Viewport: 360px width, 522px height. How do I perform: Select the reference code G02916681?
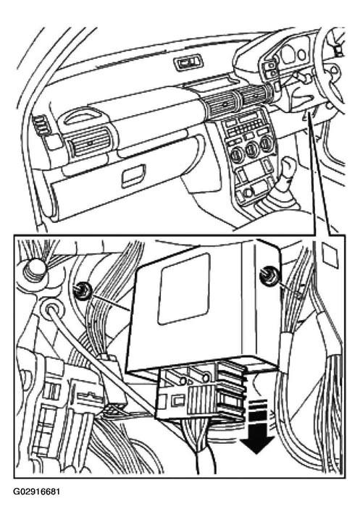tap(37, 492)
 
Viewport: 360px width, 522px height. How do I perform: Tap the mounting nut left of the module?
tap(81, 290)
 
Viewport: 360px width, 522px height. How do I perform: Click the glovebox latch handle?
tap(133, 175)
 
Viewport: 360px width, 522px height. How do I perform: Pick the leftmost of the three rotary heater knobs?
tap(237, 153)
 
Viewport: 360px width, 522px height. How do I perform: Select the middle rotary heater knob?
tap(252, 149)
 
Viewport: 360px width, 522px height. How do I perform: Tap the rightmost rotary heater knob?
tap(267, 145)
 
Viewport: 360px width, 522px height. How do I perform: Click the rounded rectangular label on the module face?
tap(183, 289)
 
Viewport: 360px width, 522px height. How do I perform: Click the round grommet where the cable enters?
tap(49, 309)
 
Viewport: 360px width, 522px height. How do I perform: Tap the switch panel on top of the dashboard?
tap(188, 63)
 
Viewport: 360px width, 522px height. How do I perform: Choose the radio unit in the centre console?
tap(246, 123)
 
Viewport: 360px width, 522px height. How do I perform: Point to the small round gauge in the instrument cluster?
tap(302, 54)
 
